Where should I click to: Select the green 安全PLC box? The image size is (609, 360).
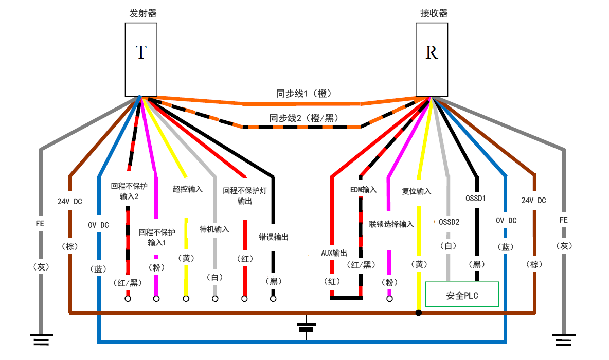pos(462,295)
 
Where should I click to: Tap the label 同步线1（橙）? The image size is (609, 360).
pos(303,94)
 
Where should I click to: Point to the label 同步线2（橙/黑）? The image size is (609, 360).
pos(303,118)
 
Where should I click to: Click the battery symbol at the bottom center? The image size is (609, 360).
pos(307,328)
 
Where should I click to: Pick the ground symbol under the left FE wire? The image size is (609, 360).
pos(41,339)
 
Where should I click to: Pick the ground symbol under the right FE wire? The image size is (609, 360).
pos(565,339)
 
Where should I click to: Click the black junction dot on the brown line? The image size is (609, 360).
pos(419,312)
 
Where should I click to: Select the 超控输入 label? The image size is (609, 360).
pos(187,189)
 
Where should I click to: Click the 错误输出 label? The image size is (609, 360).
pos(273,237)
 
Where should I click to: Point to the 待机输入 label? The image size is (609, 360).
pos(214,229)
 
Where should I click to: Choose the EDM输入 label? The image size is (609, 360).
pos(363,190)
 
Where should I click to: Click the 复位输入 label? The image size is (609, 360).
pos(417,191)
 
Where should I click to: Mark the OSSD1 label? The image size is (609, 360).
pos(476,197)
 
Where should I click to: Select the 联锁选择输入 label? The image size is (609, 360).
pos(391,224)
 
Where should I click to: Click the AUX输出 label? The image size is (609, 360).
pos(334,254)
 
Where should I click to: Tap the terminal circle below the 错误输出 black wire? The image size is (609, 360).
pos(273,298)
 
